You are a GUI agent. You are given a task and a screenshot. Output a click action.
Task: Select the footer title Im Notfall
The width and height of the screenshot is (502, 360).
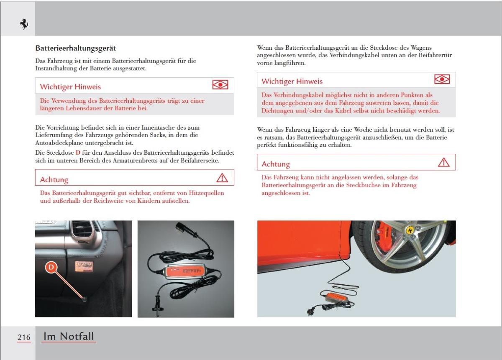pos(69,336)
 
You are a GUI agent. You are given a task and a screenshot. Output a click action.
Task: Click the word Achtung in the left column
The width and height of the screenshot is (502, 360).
pos(54,180)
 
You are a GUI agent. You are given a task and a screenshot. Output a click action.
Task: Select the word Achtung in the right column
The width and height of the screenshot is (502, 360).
pos(276,164)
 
